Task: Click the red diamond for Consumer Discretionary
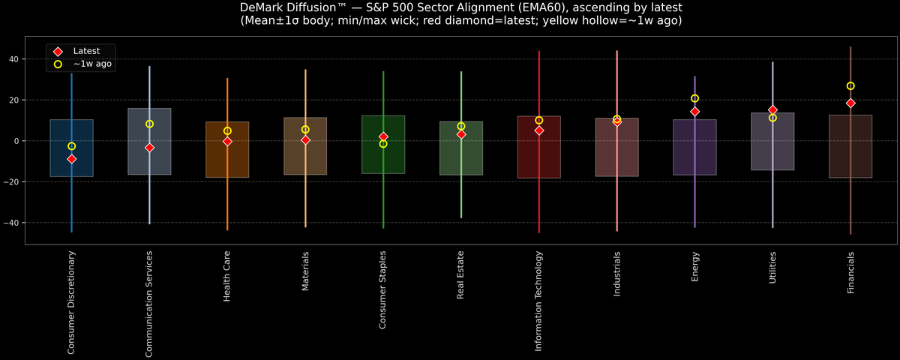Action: pyautogui.click(x=71, y=159)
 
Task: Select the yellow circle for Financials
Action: pyautogui.click(x=850, y=86)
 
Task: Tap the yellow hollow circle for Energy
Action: pyautogui.click(x=694, y=98)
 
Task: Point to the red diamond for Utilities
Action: pyautogui.click(x=772, y=110)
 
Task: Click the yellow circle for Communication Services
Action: pyautogui.click(x=149, y=124)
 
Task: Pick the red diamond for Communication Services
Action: pyautogui.click(x=149, y=148)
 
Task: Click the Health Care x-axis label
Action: pyautogui.click(x=227, y=277)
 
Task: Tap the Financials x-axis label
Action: pyautogui.click(x=850, y=273)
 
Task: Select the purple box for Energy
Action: pyautogui.click(x=694, y=150)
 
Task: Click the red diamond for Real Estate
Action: pyautogui.click(x=461, y=134)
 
